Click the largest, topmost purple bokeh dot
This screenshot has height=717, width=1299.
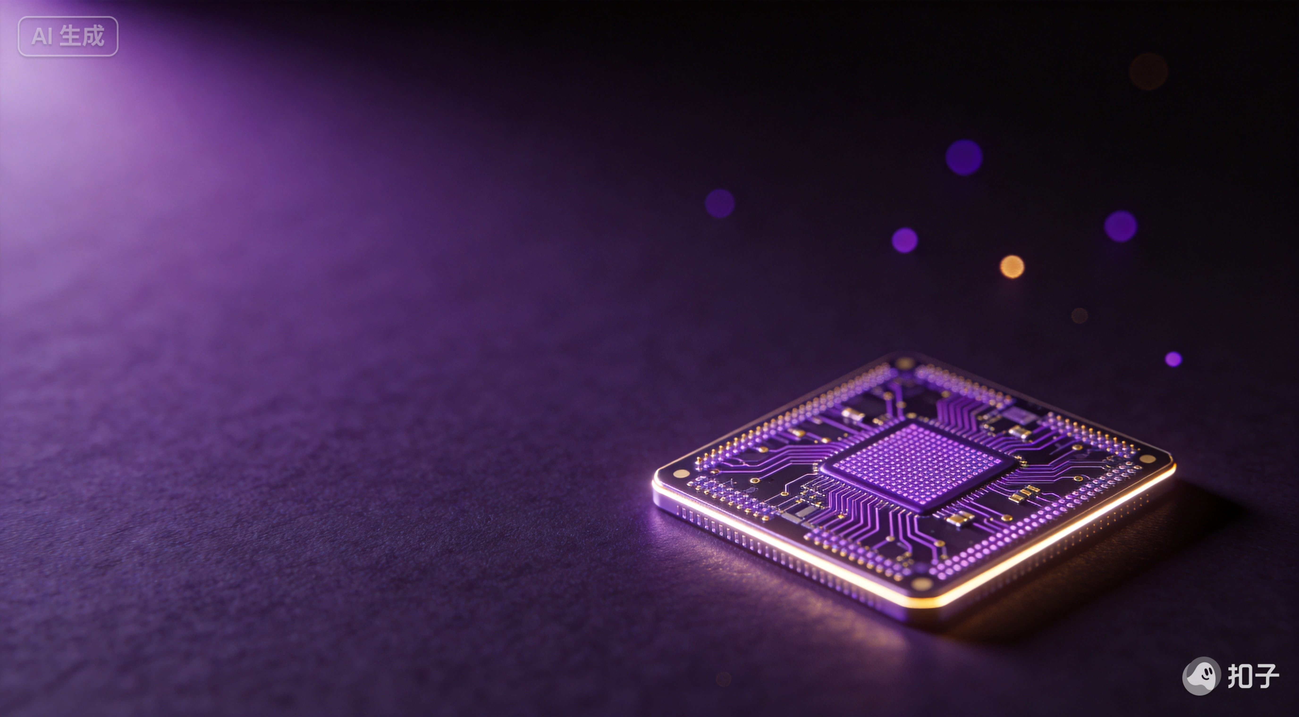[964, 157]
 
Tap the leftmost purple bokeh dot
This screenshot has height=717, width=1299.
[720, 204]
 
